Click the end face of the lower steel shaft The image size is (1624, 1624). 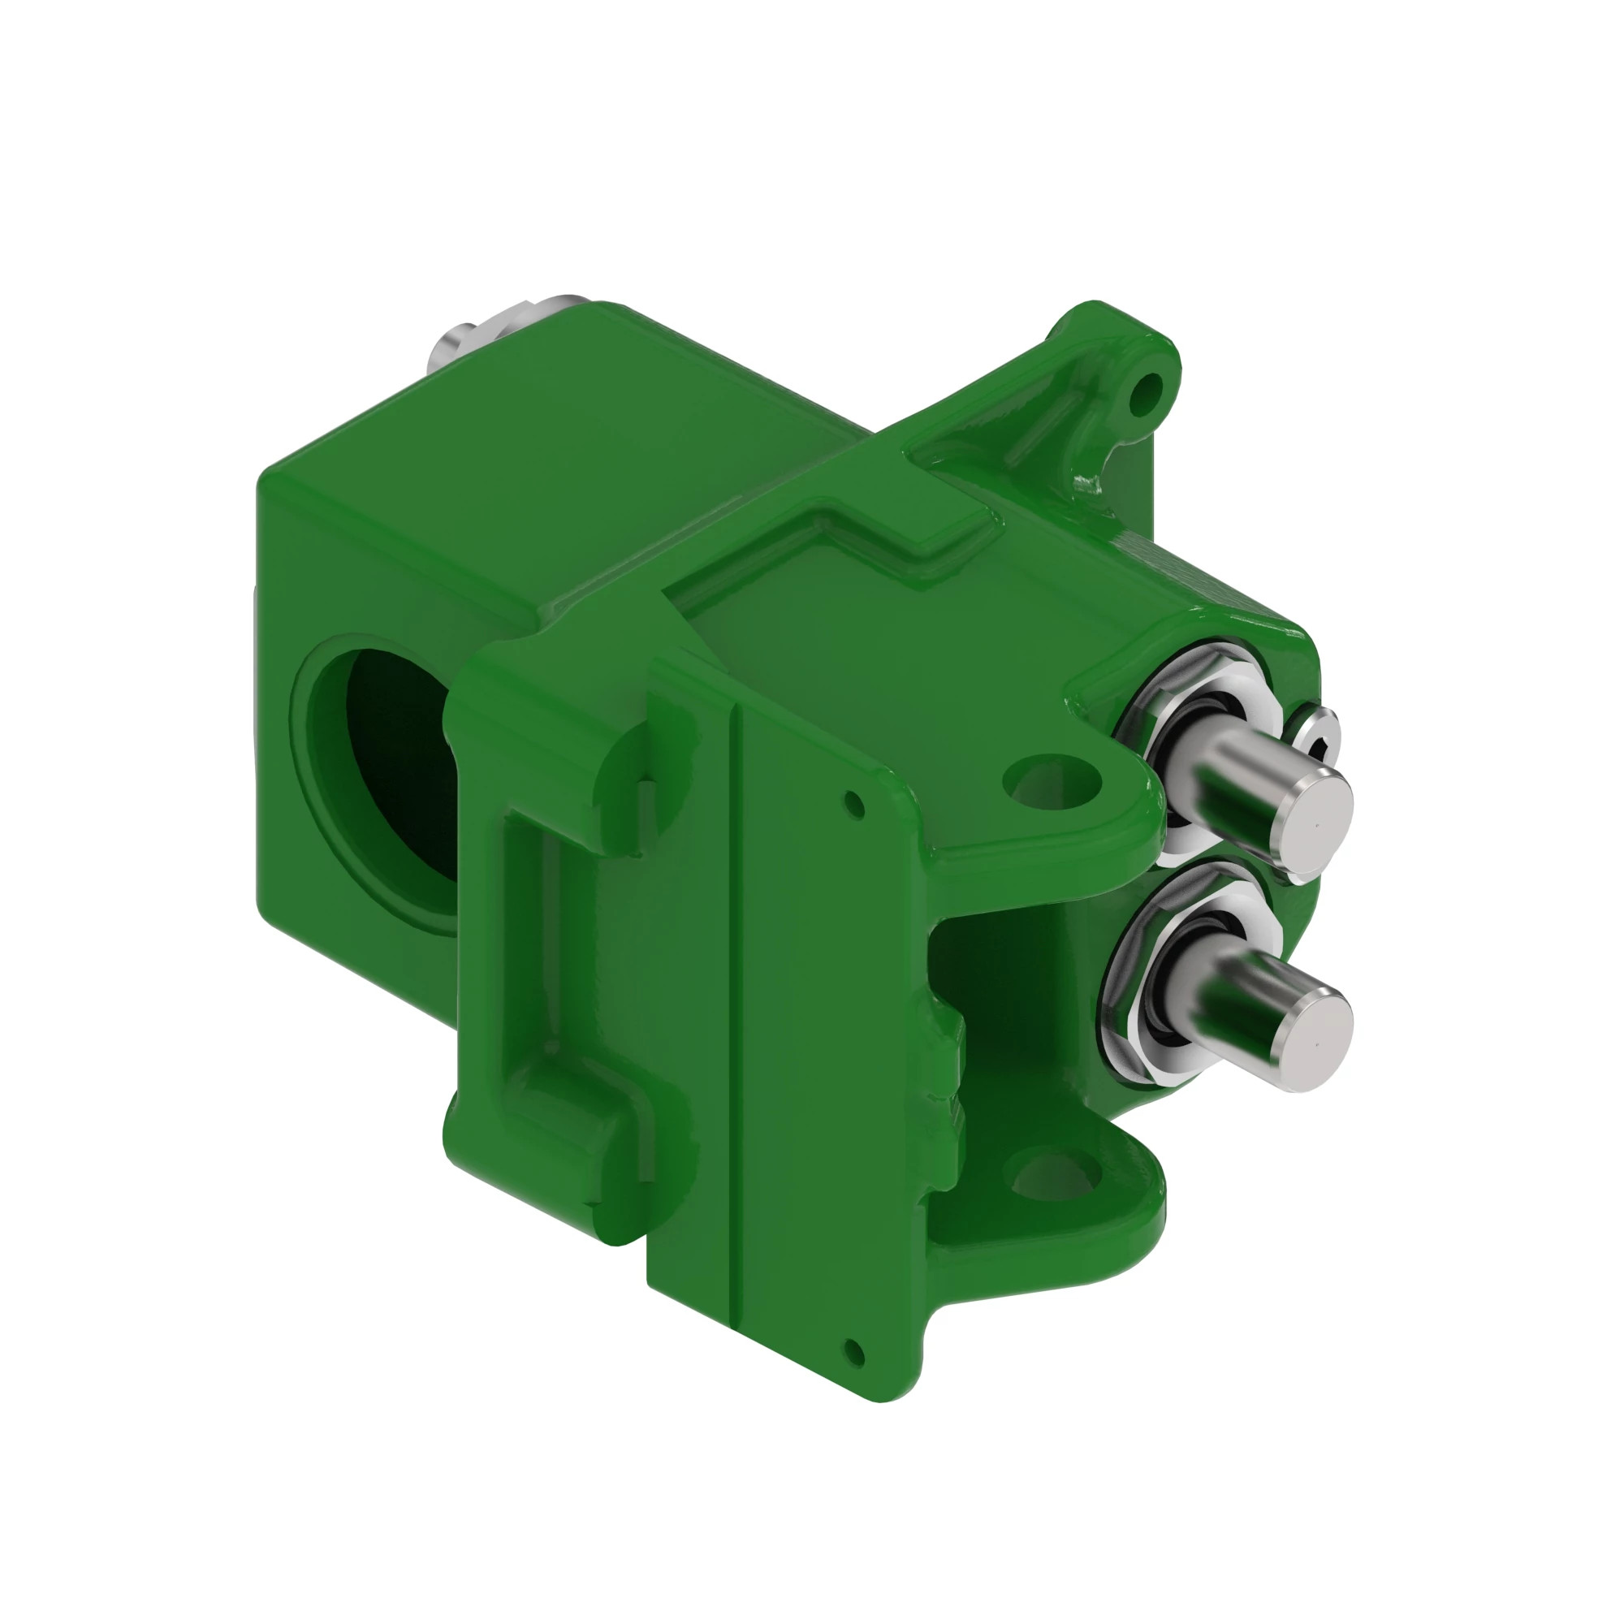click(x=1317, y=1041)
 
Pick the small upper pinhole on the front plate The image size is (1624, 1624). click(x=855, y=805)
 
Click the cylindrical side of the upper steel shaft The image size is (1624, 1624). click(x=1236, y=782)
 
